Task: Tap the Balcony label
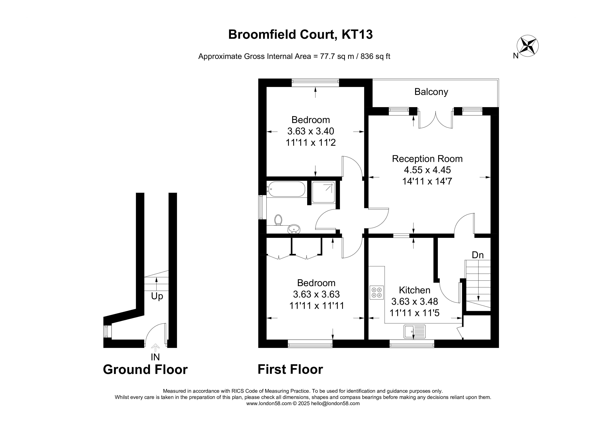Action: point(431,92)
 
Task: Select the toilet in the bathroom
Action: point(278,220)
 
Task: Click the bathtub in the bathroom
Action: point(286,189)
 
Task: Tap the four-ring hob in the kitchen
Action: point(377,292)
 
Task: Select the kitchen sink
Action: point(415,332)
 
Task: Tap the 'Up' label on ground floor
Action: point(157,296)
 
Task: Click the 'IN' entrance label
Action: point(155,357)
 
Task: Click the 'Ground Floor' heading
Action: point(145,370)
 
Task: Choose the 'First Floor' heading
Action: point(290,369)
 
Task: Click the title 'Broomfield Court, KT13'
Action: point(300,34)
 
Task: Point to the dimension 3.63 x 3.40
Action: point(311,131)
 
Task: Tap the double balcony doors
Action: point(436,120)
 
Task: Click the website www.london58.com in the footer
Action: point(269,403)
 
